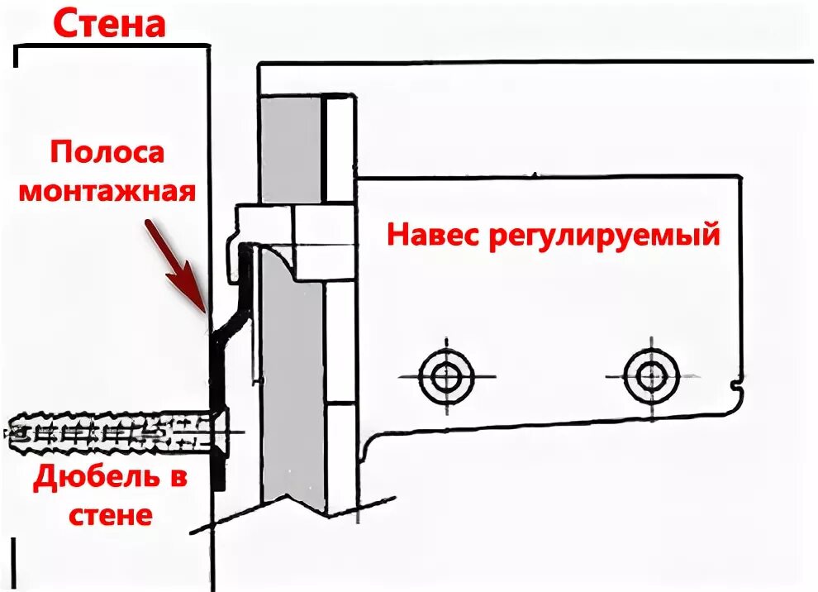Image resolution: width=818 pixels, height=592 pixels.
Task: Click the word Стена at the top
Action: point(110,24)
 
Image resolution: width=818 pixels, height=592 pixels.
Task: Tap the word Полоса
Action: point(107,154)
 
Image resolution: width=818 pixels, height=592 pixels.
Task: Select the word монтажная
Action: point(107,192)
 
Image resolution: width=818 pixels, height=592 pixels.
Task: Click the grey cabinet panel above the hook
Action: point(291,149)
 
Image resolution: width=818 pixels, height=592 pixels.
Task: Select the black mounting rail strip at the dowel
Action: point(217,430)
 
